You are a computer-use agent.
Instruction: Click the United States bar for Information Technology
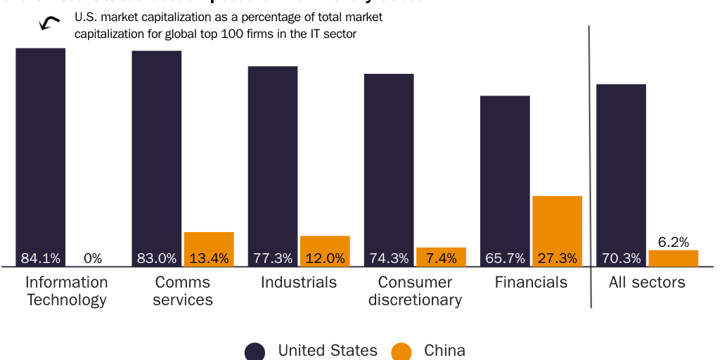40,155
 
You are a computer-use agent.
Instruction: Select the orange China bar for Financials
557,225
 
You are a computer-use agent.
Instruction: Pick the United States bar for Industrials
273,162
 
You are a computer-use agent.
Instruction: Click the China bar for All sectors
673,258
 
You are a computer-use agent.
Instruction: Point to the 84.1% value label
40,258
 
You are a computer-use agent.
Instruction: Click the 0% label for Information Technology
93,258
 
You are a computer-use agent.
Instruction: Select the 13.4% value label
209,258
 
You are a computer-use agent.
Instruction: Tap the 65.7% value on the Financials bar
505,258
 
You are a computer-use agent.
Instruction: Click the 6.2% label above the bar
673,242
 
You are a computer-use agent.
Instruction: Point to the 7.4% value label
441,258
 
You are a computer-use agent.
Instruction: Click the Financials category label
531,283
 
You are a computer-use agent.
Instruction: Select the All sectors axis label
647,283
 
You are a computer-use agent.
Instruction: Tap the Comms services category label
182,291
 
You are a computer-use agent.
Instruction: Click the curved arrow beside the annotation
49,23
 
